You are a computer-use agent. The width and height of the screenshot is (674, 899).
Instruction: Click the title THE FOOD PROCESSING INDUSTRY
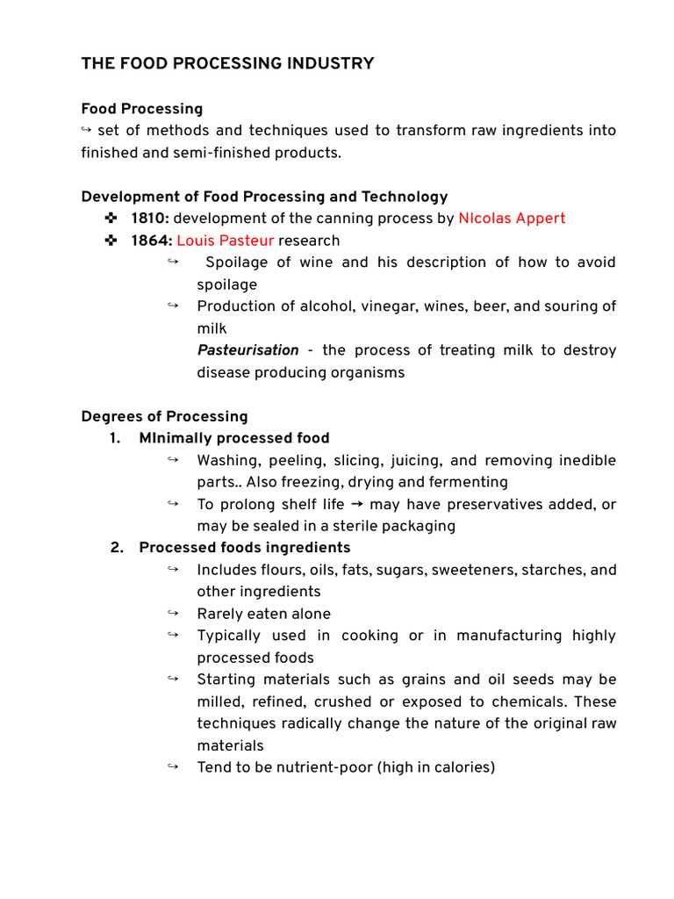point(227,63)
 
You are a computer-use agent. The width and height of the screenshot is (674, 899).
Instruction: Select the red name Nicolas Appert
point(512,219)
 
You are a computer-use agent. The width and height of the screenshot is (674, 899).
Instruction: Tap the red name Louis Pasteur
point(226,241)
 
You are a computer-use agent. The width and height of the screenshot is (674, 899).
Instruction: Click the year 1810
point(149,219)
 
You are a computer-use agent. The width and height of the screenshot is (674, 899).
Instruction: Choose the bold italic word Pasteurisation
point(247,350)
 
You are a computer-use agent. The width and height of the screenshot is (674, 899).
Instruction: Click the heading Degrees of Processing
point(164,416)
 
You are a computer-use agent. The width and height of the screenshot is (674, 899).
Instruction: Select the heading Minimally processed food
point(233,438)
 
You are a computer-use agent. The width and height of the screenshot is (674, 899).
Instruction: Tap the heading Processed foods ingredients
point(244,548)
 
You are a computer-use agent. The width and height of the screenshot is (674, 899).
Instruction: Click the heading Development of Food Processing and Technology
point(264,197)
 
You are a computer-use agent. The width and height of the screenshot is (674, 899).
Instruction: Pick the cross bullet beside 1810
point(110,219)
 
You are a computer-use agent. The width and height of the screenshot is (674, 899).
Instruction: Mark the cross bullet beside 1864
point(110,241)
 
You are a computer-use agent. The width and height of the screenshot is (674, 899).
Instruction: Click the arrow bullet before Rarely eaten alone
point(172,613)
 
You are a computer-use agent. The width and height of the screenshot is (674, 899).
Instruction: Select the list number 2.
point(116,548)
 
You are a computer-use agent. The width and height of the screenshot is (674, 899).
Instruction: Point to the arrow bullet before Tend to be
point(172,766)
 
